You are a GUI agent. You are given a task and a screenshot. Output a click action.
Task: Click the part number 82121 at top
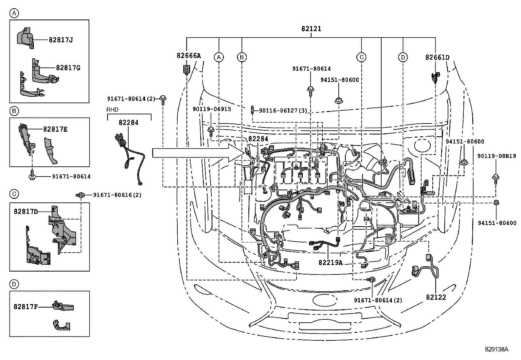311,29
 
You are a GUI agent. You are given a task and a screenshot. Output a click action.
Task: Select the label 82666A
189,56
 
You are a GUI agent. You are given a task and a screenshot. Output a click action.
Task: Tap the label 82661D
437,57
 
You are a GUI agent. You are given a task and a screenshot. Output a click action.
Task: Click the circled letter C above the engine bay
361,57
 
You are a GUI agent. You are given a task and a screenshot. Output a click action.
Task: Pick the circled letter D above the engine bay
403,57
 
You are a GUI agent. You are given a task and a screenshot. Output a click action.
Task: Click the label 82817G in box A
68,68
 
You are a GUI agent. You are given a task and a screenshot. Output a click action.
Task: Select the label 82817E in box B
55,129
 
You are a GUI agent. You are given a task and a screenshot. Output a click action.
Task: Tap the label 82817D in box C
26,211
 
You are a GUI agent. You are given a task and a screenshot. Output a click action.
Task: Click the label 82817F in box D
26,307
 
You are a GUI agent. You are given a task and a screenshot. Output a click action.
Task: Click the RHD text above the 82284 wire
112,110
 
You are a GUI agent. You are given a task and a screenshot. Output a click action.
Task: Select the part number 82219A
331,263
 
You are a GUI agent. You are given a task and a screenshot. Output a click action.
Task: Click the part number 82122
436,297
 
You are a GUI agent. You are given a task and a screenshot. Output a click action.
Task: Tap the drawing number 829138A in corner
496,349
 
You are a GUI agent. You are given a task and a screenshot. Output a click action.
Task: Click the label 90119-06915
212,109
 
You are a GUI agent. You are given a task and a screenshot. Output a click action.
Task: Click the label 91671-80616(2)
117,195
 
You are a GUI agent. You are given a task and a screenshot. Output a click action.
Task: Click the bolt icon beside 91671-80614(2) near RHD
163,99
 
